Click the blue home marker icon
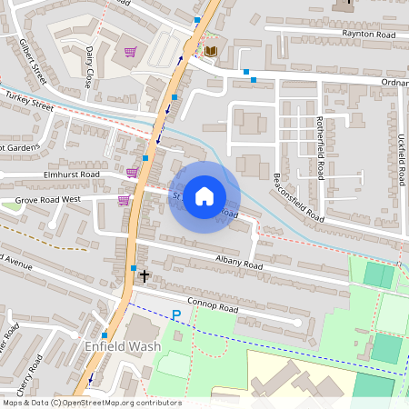[204, 196]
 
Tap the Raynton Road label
[369, 35]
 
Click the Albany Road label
[240, 264]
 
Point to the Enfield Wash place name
[122, 347]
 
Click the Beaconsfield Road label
[299, 198]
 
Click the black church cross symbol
[144, 274]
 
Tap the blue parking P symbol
[177, 315]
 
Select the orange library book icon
[211, 51]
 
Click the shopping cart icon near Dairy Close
[131, 52]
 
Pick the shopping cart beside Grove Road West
[124, 200]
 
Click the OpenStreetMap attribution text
[91, 403]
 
